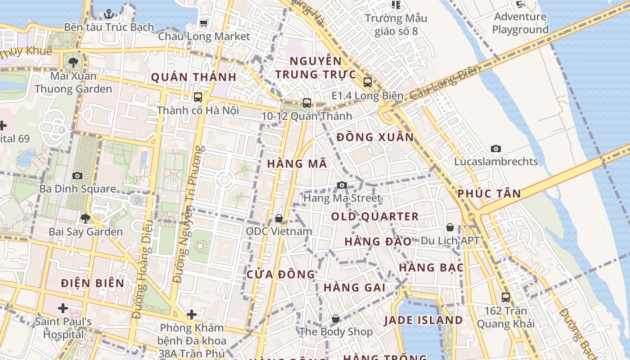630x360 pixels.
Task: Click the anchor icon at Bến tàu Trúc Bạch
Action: [108, 14]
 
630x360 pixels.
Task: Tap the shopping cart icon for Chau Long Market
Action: [204, 23]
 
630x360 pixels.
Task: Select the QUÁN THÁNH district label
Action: [193, 77]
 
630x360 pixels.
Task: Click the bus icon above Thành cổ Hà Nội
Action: [198, 97]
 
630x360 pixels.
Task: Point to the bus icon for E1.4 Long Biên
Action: [367, 82]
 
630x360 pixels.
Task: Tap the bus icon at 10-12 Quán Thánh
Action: [307, 103]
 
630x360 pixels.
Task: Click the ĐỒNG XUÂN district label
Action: [375, 137]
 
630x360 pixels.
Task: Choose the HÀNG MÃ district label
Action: [297, 164]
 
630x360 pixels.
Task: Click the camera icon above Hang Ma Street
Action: [342, 185]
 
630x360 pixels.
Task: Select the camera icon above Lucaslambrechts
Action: [496, 148]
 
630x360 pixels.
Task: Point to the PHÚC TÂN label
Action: [489, 194]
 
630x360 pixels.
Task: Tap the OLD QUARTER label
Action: [375, 216]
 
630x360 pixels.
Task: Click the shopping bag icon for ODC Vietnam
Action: [279, 218]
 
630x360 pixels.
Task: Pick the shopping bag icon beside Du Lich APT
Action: [450, 227]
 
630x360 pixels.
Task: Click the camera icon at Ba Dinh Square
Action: [77, 175]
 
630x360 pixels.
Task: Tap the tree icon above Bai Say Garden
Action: [85, 219]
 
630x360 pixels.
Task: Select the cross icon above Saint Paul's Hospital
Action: [63, 308]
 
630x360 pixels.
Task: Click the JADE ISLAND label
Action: [423, 320]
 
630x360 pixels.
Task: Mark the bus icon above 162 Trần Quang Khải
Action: [506, 297]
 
